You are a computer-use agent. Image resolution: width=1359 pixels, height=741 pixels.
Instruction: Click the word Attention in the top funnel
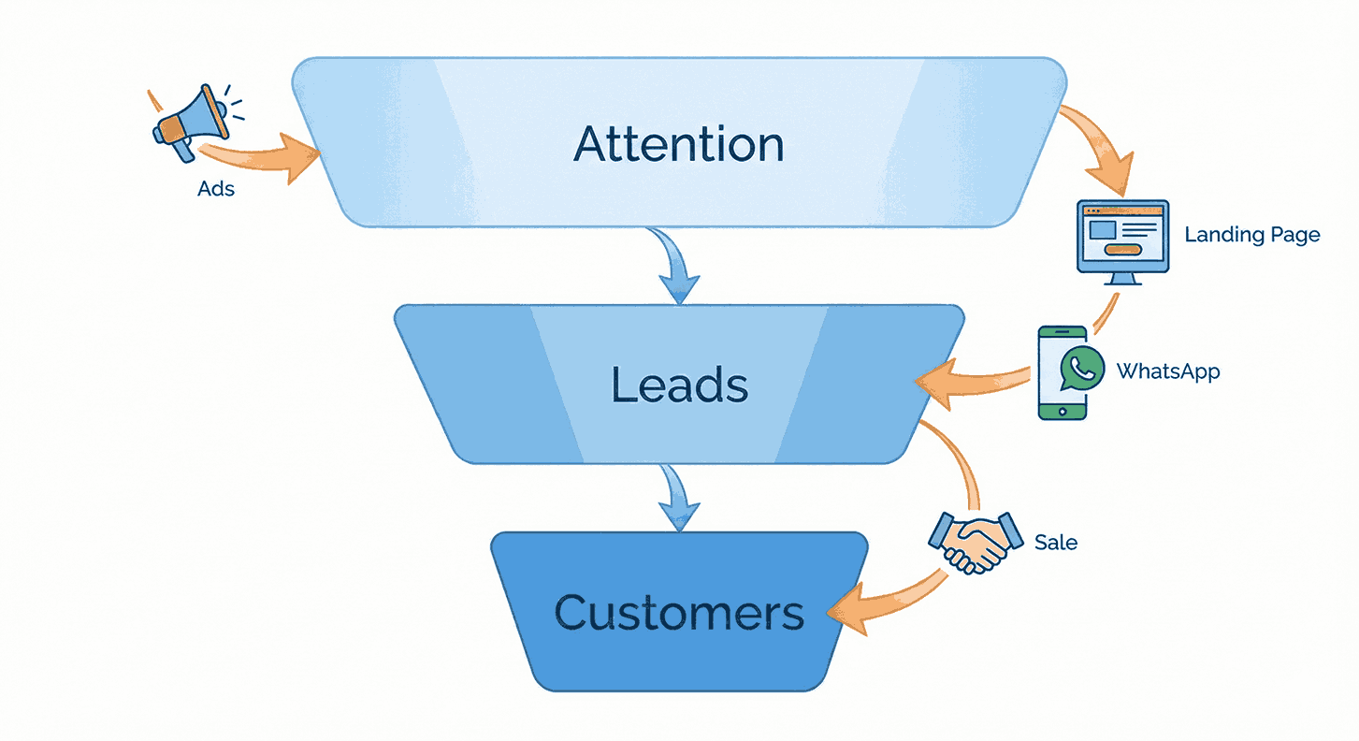tap(679, 144)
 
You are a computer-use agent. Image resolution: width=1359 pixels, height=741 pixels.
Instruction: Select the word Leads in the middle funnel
tap(679, 385)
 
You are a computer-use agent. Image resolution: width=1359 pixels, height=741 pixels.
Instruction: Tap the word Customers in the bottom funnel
tap(679, 614)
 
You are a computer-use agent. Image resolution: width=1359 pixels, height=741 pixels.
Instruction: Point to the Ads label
tap(216, 189)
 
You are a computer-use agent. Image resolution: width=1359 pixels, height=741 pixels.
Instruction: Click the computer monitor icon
tap(1122, 236)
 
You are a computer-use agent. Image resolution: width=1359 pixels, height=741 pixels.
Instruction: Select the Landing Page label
tap(1251, 235)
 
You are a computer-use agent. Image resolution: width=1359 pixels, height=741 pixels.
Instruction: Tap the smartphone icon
tap(1063, 372)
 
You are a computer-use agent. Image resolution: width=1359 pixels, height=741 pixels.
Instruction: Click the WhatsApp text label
tap(1167, 371)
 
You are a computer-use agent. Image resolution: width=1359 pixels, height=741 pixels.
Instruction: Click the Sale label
tap(1055, 543)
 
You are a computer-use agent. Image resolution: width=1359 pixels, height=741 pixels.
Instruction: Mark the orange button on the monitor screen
tap(1122, 250)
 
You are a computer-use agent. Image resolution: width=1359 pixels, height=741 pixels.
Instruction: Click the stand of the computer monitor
tap(1122, 279)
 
